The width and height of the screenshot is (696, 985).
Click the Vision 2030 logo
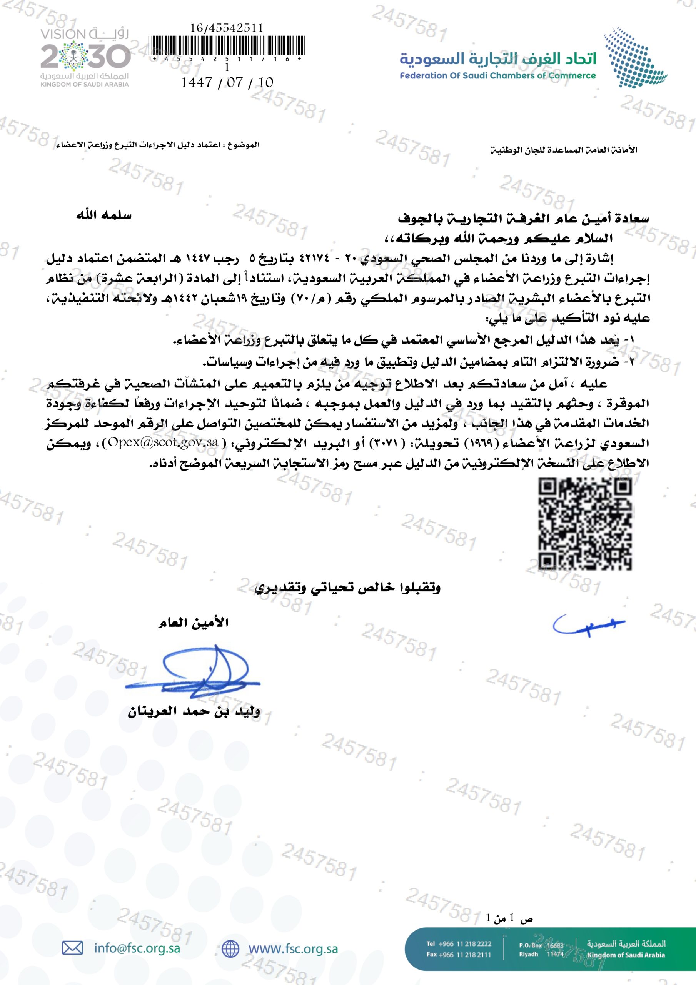click(x=85, y=57)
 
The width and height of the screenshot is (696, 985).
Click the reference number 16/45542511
click(x=227, y=28)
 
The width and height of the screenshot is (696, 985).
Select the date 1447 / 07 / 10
click(x=227, y=82)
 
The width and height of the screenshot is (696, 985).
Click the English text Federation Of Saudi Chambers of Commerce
click(x=498, y=76)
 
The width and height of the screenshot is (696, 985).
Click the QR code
click(x=585, y=523)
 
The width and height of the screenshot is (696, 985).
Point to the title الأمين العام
click(x=193, y=623)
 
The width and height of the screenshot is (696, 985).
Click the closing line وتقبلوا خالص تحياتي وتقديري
click(x=347, y=587)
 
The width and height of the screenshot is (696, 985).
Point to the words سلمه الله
click(x=104, y=215)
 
